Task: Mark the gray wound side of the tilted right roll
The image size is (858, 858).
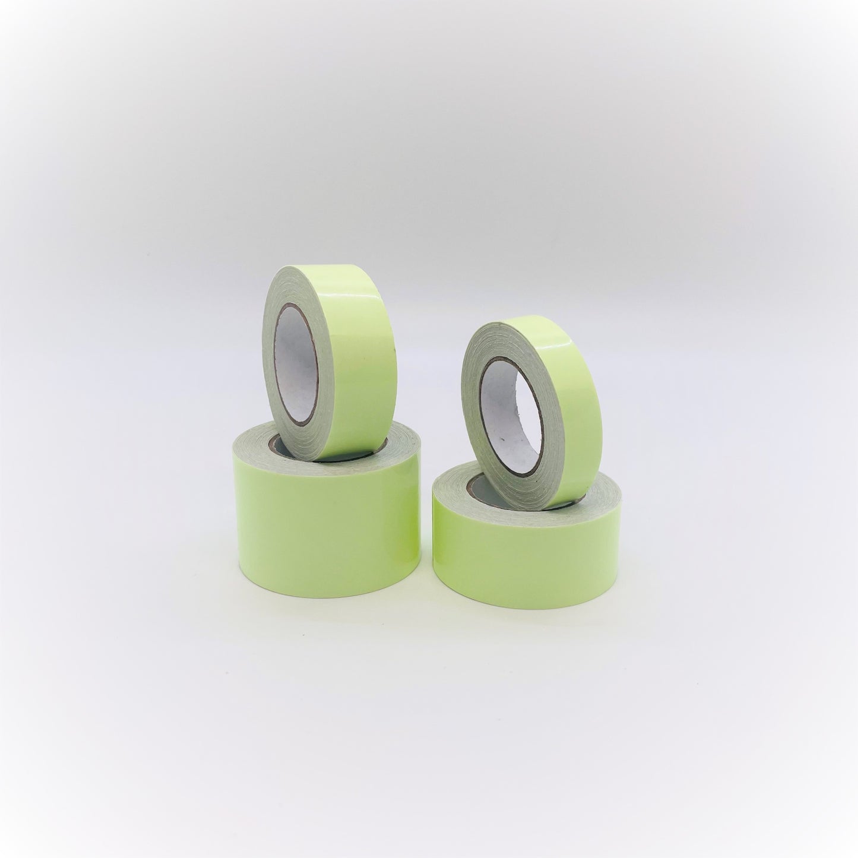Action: click(x=475, y=368)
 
